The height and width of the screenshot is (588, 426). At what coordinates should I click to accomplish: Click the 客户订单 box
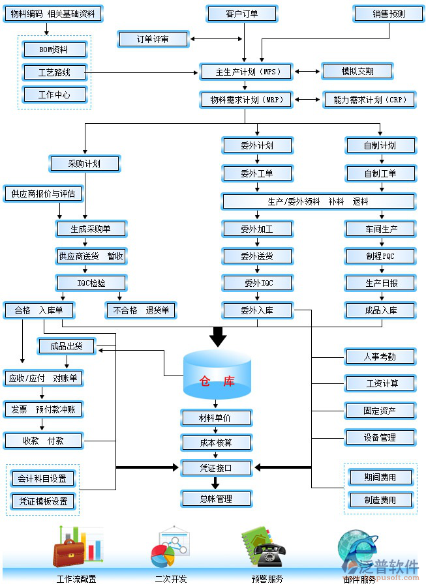pos(242,14)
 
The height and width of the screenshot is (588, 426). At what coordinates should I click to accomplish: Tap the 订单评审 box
pos(153,39)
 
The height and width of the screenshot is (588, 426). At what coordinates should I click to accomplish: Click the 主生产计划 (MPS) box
pos(247,71)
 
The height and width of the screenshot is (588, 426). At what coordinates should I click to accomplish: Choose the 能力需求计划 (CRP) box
pos(369,100)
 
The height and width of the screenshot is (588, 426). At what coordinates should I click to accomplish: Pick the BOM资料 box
pos(54,49)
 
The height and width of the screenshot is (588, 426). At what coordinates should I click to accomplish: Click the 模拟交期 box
pos(358,71)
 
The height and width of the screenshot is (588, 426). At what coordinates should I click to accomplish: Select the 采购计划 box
pos(85,164)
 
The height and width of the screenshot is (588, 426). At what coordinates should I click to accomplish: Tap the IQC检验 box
pos(91,283)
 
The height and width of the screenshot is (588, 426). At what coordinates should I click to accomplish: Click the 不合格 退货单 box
pos(141,310)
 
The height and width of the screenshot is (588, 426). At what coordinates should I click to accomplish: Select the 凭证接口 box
pos(216,467)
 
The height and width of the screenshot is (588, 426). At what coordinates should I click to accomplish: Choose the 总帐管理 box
pos(216,499)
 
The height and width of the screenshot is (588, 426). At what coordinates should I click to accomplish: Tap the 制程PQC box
pos(380,256)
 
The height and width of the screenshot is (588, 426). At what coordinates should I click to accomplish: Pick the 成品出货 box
pos(67,347)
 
